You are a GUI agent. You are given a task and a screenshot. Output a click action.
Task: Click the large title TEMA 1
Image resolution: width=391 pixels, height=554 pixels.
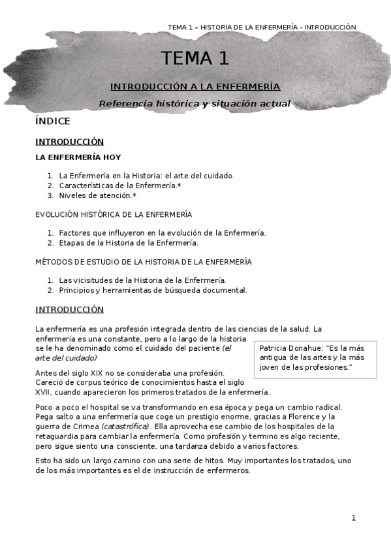point(196,58)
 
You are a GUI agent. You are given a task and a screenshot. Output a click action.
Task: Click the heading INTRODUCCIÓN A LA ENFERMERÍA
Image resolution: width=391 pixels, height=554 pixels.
point(195,86)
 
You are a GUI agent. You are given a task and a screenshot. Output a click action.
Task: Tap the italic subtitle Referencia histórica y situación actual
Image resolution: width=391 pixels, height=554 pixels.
point(195,103)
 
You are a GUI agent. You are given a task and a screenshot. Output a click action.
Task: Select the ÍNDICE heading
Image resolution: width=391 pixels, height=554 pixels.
point(52,122)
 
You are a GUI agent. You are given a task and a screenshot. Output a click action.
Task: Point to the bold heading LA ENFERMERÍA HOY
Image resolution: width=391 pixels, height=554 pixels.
point(78,157)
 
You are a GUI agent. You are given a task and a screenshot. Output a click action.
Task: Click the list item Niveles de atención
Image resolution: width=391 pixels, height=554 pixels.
point(97,195)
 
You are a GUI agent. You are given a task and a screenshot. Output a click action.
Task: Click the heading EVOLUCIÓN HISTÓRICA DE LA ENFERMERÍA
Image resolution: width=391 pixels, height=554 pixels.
point(113,214)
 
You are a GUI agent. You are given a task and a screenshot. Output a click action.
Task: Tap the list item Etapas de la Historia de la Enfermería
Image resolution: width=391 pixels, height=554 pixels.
point(128,243)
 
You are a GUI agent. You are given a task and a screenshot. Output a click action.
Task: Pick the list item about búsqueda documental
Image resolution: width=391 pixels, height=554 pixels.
point(153,290)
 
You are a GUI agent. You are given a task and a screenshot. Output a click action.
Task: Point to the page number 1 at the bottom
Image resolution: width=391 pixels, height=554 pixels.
point(354,518)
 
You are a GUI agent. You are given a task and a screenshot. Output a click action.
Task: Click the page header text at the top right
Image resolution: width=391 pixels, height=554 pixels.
point(262,27)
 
